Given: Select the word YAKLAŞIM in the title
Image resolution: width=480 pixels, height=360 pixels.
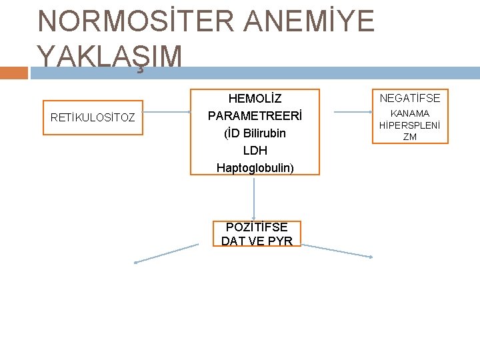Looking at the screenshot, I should click(x=110, y=56).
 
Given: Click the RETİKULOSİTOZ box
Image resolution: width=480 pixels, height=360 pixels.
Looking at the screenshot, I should click(x=93, y=118).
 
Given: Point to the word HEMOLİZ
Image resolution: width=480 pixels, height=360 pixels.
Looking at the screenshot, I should click(x=255, y=99).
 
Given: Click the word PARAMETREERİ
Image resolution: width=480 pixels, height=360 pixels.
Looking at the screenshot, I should click(x=255, y=116).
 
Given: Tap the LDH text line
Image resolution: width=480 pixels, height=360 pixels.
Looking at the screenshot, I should click(x=255, y=151).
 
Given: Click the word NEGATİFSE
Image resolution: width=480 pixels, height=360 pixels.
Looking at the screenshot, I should click(x=410, y=98).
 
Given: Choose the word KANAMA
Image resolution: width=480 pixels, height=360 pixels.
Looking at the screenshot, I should click(x=410, y=114).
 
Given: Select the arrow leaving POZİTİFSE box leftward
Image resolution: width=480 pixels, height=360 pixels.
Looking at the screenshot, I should click(x=167, y=254).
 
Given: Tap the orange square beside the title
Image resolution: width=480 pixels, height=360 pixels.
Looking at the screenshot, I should click(x=14, y=72).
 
